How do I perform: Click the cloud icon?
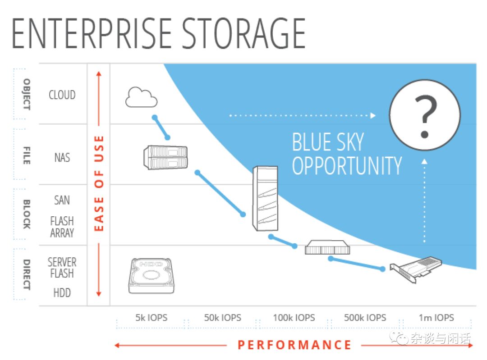click(x=141, y=97)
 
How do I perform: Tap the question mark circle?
click(x=425, y=115)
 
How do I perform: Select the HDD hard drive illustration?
click(x=152, y=276)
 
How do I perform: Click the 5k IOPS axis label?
click(x=151, y=318)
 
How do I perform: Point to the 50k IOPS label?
click(x=222, y=318)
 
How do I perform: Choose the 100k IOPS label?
click(x=294, y=318)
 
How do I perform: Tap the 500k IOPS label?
click(x=365, y=318)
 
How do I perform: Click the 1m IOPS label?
click(x=436, y=318)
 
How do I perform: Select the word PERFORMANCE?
click(x=294, y=345)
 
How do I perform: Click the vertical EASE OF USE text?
click(x=99, y=183)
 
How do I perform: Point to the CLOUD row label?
click(x=62, y=95)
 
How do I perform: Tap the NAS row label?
click(x=62, y=157)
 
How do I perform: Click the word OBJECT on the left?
click(x=27, y=94)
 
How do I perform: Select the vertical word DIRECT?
click(x=27, y=275)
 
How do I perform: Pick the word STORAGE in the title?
click(x=243, y=33)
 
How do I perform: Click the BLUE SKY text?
click(x=328, y=142)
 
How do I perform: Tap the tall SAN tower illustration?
click(x=265, y=198)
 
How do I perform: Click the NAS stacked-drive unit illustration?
click(x=165, y=157)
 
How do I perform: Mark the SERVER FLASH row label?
click(x=62, y=268)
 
